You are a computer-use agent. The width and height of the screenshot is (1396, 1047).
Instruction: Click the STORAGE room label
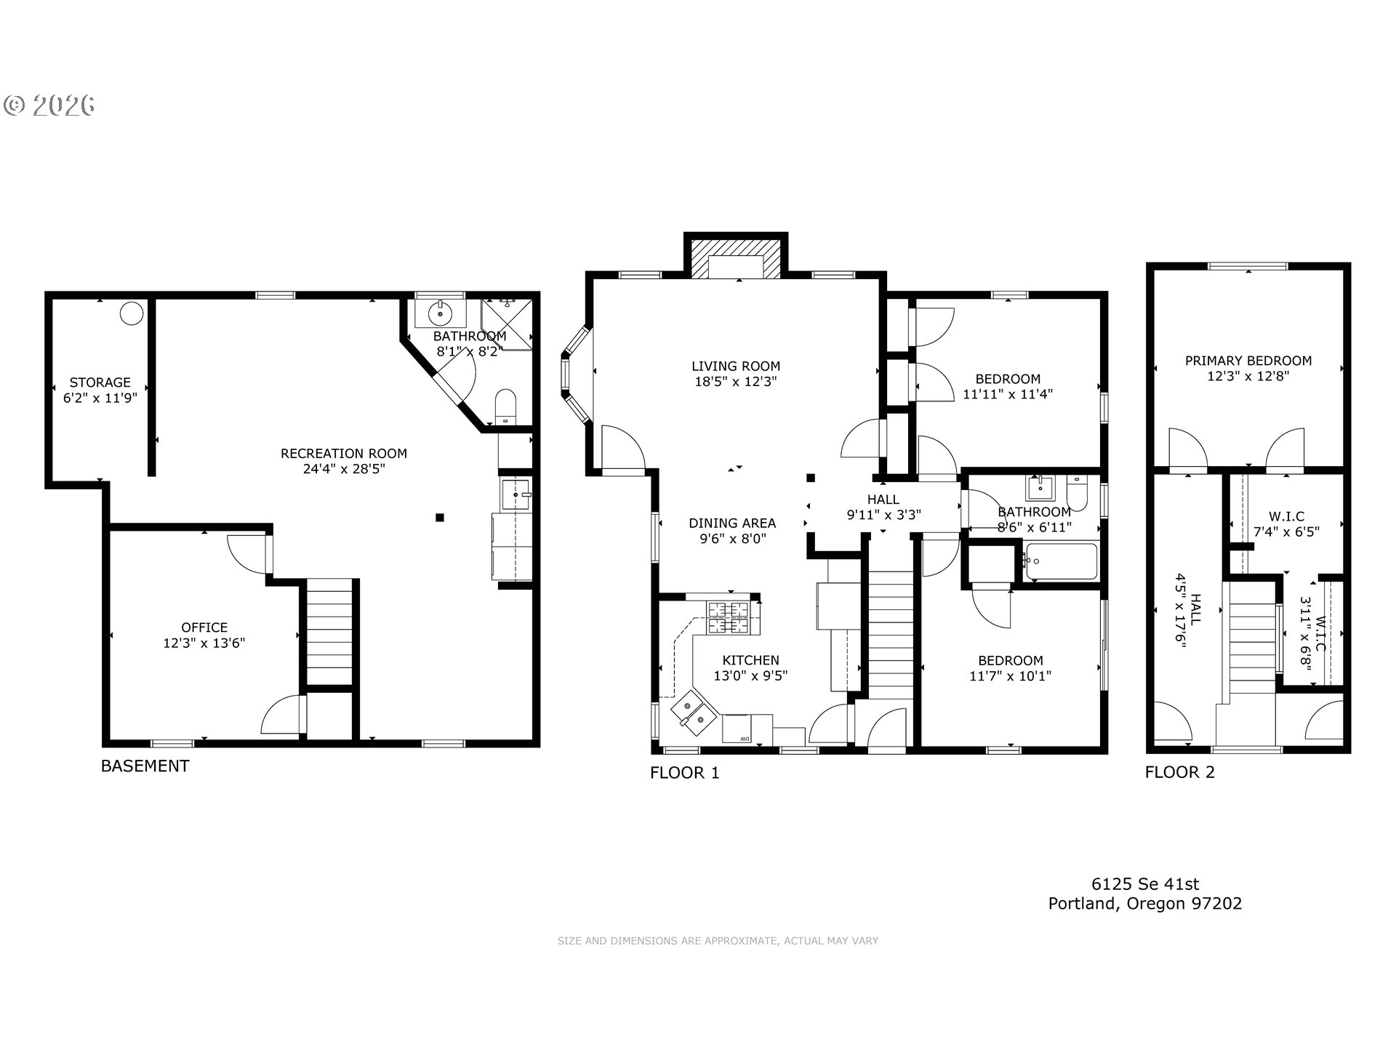coord(100,382)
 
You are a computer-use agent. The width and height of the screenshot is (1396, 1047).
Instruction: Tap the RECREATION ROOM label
coord(344,454)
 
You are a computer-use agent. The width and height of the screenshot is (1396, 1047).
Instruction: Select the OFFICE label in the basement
coord(204,627)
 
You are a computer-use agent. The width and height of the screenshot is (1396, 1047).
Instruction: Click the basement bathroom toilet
coord(505,407)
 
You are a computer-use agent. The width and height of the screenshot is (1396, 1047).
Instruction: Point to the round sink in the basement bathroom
coord(441,314)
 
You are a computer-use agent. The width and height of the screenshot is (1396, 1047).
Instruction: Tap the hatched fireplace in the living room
coord(736,260)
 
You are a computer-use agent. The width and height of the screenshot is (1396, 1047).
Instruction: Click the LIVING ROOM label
coord(736,366)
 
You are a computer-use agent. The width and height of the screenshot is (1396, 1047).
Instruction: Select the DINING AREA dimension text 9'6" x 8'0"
coord(733,539)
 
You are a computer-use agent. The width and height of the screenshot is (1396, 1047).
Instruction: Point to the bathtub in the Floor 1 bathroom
coord(1061,561)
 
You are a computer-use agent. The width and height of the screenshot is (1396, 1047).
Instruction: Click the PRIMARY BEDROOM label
coord(1248,361)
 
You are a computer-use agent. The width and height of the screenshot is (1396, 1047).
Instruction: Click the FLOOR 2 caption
coord(1180,772)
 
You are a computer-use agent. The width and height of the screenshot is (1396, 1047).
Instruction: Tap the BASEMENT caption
coord(145,766)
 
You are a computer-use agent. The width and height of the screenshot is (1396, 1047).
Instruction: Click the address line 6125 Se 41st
coord(1145,884)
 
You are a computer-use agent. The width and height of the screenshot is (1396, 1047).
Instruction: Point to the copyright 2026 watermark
coord(49,105)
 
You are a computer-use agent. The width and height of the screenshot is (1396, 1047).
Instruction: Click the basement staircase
coord(329,632)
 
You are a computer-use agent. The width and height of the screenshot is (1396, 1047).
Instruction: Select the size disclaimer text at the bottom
coord(718,941)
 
